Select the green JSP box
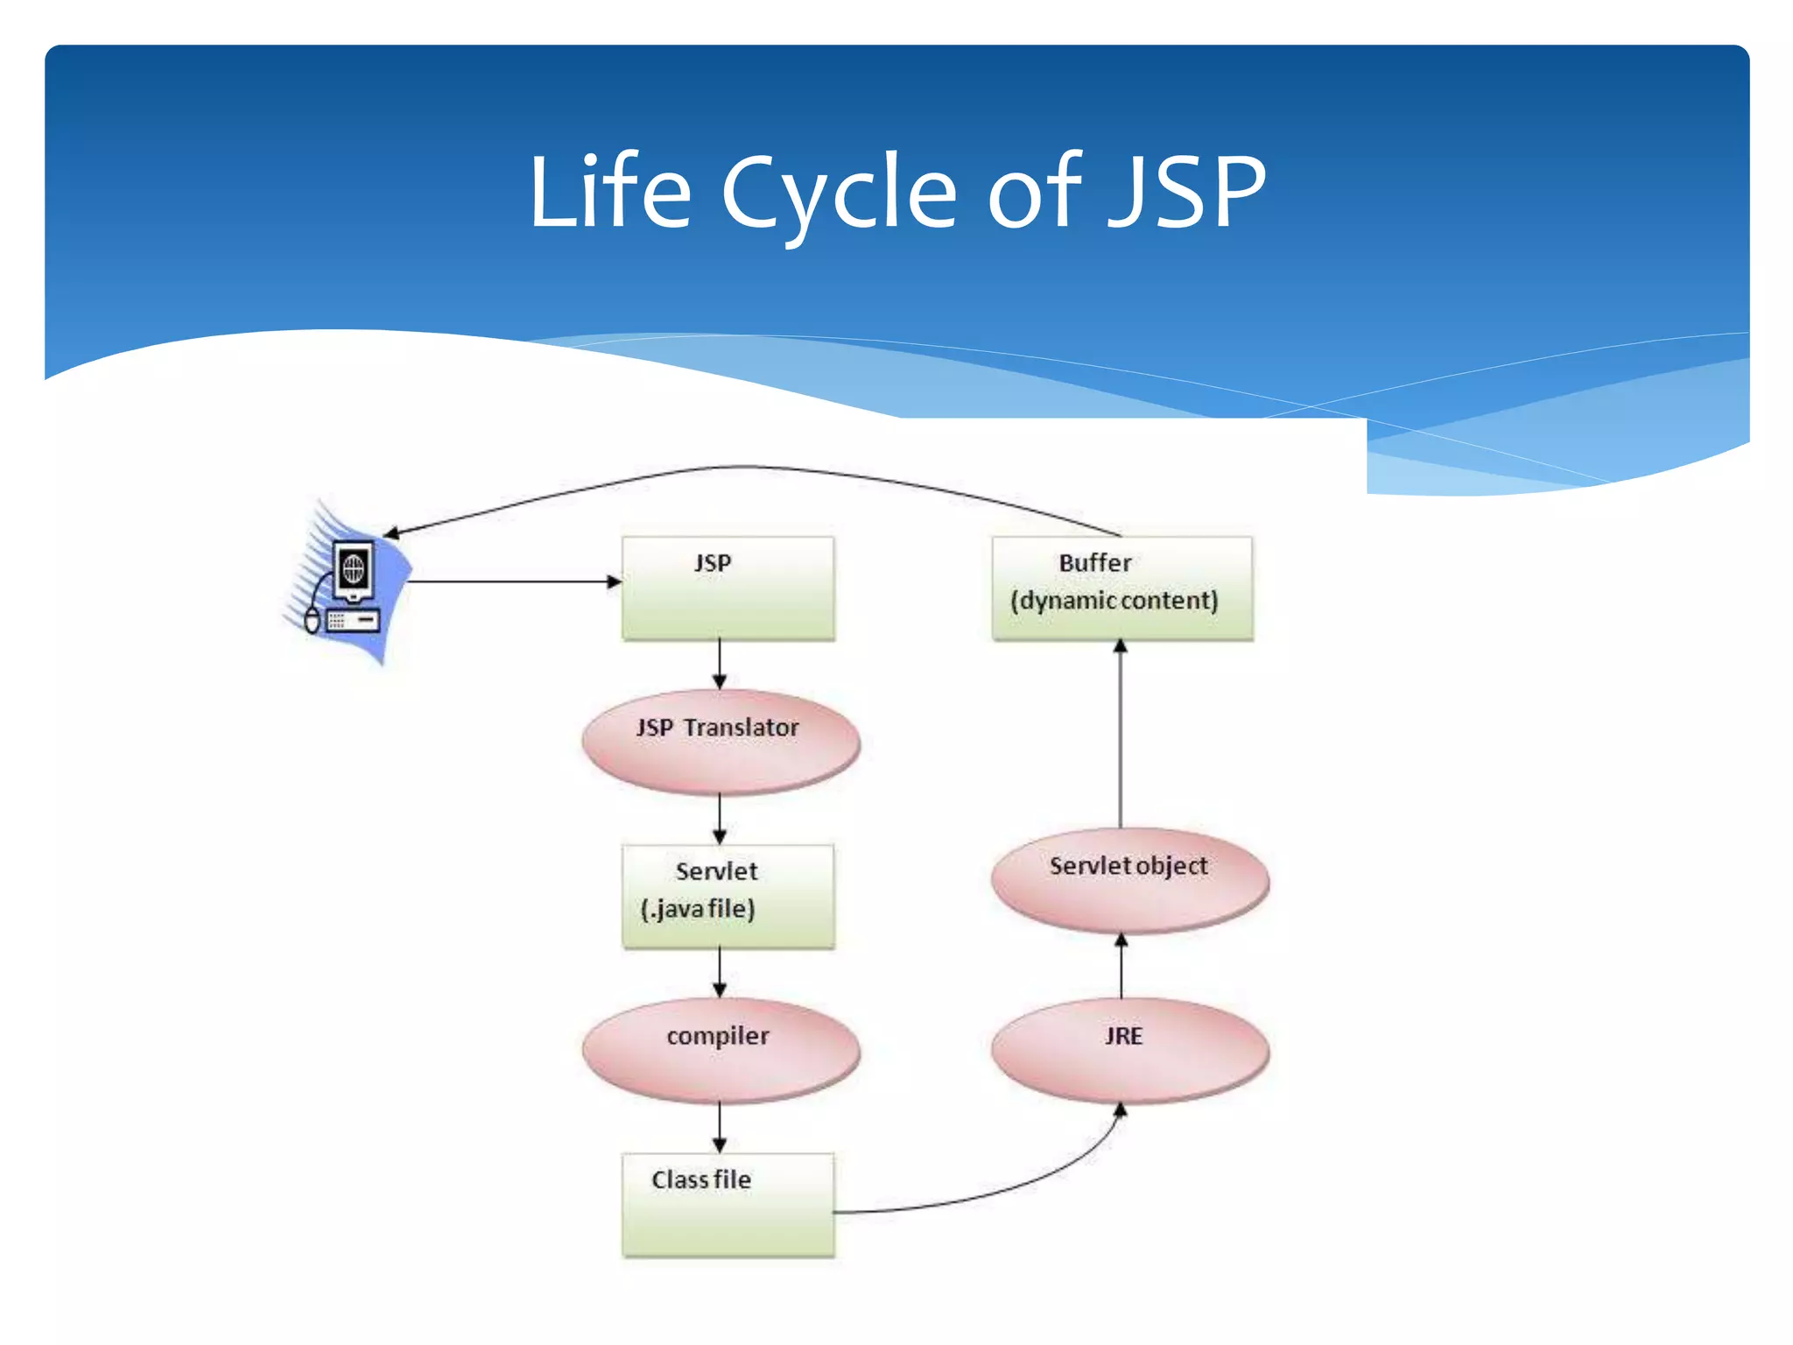tap(728, 588)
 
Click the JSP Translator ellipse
tap(721, 742)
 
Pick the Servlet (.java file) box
tap(728, 896)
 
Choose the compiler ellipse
tap(721, 1050)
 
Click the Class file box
tap(728, 1205)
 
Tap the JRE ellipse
tap(1129, 1050)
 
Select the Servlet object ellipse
tap(1129, 879)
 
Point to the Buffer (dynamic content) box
tap(1122, 588)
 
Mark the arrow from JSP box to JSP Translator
tap(720, 664)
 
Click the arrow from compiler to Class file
tap(720, 1127)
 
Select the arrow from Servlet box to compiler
tap(720, 972)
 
